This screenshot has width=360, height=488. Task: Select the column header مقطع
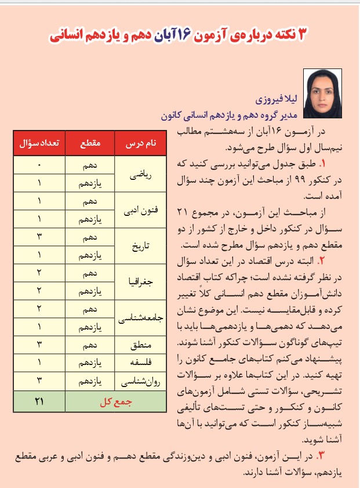[90, 143]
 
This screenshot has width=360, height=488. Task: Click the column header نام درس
[141, 143]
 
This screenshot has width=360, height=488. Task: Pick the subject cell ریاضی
[141, 173]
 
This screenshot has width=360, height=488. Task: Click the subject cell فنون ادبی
[141, 209]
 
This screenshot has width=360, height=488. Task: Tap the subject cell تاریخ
[141, 246]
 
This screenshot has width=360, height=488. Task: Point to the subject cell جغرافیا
[141, 283]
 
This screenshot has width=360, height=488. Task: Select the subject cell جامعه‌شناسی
[141, 319]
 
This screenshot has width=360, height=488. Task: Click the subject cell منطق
[141, 346]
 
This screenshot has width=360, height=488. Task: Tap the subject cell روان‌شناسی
[141, 383]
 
